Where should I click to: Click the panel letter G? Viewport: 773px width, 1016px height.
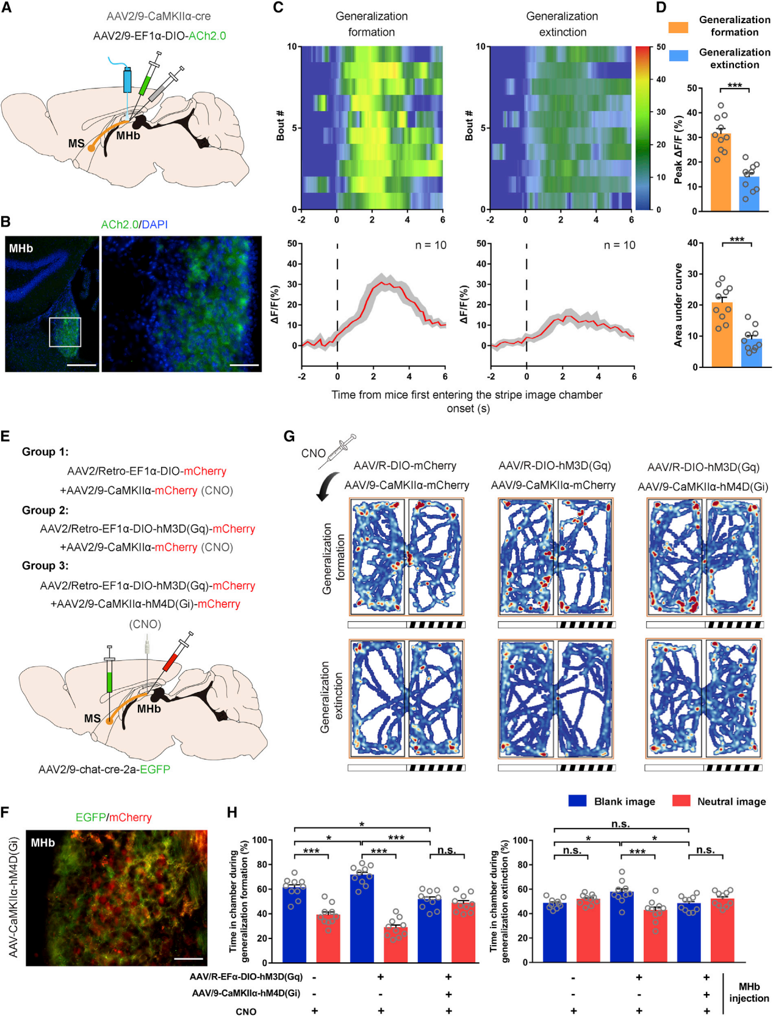[289, 436]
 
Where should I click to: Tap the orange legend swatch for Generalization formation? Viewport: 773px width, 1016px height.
[678, 27]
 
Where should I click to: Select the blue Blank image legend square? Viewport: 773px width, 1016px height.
[577, 801]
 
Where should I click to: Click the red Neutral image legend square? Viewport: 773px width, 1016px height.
[681, 801]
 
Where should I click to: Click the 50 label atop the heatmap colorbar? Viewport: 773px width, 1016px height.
[661, 47]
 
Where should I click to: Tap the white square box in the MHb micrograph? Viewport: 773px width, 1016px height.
[65, 332]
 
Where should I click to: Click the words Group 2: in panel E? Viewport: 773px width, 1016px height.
[45, 510]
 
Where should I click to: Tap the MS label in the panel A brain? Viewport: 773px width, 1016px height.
[76, 143]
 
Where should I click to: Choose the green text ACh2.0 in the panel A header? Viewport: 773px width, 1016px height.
[207, 36]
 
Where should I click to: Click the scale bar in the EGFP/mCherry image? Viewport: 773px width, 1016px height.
[188, 959]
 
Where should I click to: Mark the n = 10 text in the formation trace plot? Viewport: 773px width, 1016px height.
[431, 245]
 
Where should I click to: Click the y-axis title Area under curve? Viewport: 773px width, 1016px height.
[678, 305]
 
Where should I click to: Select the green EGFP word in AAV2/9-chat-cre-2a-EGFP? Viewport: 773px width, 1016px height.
[155, 769]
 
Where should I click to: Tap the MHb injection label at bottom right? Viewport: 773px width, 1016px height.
[749, 992]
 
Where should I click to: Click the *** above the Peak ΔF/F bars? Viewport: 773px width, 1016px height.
[735, 85]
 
